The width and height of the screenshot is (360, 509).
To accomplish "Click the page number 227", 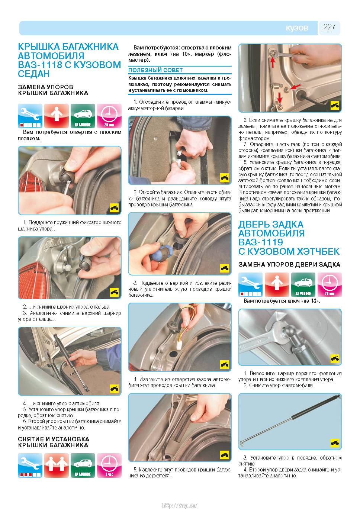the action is click(x=330, y=27).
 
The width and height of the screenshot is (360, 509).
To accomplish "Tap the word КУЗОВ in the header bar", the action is click(x=297, y=28).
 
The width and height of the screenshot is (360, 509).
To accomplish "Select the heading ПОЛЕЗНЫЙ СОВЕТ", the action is click(x=155, y=70).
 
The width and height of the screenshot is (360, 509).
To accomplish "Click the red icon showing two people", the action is click(x=57, y=465).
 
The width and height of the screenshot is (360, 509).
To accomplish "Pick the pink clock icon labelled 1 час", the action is click(x=109, y=465).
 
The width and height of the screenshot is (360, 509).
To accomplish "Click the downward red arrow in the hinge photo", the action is click(x=280, y=98).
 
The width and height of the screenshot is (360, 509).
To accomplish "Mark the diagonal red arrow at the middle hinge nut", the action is click(x=295, y=87).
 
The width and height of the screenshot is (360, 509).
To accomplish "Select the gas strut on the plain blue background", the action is click(x=290, y=421).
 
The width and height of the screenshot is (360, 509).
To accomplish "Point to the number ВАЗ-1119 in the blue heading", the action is click(x=261, y=242).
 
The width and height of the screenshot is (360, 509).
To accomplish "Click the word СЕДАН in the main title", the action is click(x=33, y=74).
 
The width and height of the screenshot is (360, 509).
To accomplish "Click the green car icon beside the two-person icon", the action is click(x=83, y=465).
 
